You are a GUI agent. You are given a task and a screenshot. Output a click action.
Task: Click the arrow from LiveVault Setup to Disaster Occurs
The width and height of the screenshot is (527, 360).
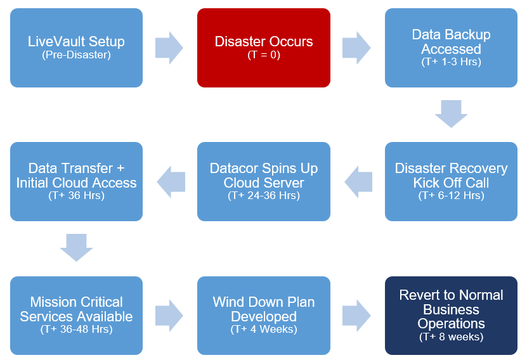pyautogui.click(x=169, y=48)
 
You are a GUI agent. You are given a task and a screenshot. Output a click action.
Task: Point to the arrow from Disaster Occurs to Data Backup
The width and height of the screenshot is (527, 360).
pyautogui.click(x=356, y=48)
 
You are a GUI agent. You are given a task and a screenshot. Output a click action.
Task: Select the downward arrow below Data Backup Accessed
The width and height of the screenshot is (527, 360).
pyautogui.click(x=451, y=114)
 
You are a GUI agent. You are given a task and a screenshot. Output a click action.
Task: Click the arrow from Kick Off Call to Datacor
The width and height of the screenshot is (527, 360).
pyautogui.click(x=358, y=182)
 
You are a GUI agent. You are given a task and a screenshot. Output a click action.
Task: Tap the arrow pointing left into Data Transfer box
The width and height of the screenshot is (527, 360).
pyautogui.click(x=171, y=182)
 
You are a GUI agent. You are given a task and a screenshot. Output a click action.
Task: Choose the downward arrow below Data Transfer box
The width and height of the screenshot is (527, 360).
pyautogui.click(x=76, y=248)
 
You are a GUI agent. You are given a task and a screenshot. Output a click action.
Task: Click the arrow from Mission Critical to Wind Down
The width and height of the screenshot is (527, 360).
pyautogui.click(x=169, y=316)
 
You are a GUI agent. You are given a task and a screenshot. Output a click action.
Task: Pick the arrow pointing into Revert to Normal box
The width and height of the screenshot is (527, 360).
pyautogui.click(x=356, y=316)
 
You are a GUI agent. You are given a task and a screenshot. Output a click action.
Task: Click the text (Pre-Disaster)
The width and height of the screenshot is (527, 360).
pyautogui.click(x=76, y=55)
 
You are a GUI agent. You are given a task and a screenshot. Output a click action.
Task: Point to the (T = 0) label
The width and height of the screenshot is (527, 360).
pyautogui.click(x=263, y=55)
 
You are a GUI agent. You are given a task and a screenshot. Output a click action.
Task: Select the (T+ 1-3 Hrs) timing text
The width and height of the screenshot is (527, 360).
pyautogui.click(x=451, y=62)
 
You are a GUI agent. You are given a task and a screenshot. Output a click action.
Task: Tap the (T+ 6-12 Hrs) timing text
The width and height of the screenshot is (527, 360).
pyautogui.click(x=451, y=196)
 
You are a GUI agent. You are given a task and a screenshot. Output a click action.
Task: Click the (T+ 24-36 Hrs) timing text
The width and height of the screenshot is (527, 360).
pyautogui.click(x=263, y=196)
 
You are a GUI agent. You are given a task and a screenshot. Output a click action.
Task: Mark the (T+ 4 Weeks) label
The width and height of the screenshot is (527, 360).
pyautogui.click(x=263, y=330)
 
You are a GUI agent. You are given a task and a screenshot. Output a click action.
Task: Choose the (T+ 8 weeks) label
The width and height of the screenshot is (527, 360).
pyautogui.click(x=451, y=337)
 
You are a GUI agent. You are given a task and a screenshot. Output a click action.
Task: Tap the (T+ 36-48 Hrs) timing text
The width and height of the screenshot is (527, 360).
pyautogui.click(x=76, y=330)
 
